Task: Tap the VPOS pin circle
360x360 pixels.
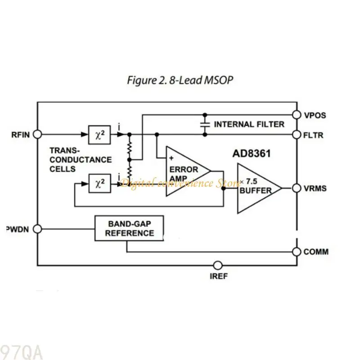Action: [297, 115]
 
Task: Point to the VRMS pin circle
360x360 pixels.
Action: [297, 188]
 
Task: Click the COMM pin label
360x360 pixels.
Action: [316, 252]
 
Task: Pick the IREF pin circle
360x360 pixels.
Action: [218, 265]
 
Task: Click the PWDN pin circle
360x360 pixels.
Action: [37, 229]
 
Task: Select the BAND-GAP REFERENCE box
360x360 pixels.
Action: [129, 229]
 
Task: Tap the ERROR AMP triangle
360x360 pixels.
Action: [184, 171]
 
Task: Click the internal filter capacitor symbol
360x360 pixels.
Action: [205, 124]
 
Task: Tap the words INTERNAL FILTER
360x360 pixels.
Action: [249, 124]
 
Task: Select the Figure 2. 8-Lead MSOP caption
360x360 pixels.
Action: [180, 81]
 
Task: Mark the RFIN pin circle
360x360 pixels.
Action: [37, 134]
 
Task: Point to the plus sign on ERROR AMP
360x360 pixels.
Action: [171, 158]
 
